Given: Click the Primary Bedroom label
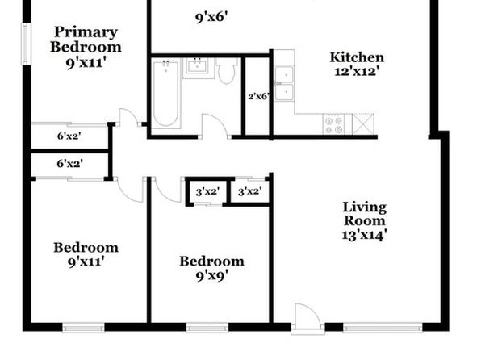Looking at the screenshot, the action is (86, 40).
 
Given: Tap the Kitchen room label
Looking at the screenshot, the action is (357, 57).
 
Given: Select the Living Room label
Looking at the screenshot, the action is (365, 214).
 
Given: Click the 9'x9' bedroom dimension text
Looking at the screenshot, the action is (211, 276).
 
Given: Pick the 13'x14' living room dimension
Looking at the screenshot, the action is (364, 236).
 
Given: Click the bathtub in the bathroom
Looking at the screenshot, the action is (166, 94).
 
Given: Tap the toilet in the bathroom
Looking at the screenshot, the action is (227, 71).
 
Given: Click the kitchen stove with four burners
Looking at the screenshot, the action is (333, 124).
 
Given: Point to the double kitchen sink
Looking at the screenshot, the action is (284, 83).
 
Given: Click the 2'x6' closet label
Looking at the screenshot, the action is (259, 96).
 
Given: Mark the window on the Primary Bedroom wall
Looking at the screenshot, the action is (26, 44).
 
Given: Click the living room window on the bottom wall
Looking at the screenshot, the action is (383, 328).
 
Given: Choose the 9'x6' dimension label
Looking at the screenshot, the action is (211, 17).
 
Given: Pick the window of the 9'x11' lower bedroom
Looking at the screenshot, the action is (83, 328).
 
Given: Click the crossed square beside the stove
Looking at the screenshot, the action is (363, 124).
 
